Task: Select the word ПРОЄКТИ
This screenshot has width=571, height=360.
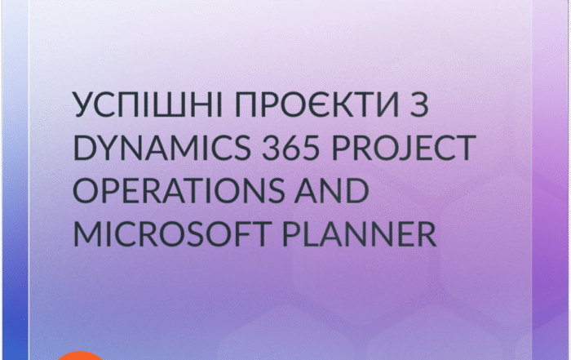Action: click(x=316, y=104)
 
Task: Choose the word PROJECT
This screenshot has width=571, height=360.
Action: click(x=404, y=148)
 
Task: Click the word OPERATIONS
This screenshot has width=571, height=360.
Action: click(x=179, y=190)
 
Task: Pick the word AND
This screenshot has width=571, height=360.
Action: click(x=331, y=190)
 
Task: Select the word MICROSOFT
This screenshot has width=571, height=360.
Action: click(x=172, y=233)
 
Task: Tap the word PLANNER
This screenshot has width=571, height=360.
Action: click(x=360, y=233)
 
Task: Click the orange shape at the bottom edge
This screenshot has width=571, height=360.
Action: click(x=81, y=356)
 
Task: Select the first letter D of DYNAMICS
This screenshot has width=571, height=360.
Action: click(x=84, y=148)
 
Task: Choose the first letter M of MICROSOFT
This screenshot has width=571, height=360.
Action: click(x=87, y=233)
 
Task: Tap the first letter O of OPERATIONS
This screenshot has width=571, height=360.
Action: click(x=86, y=190)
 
